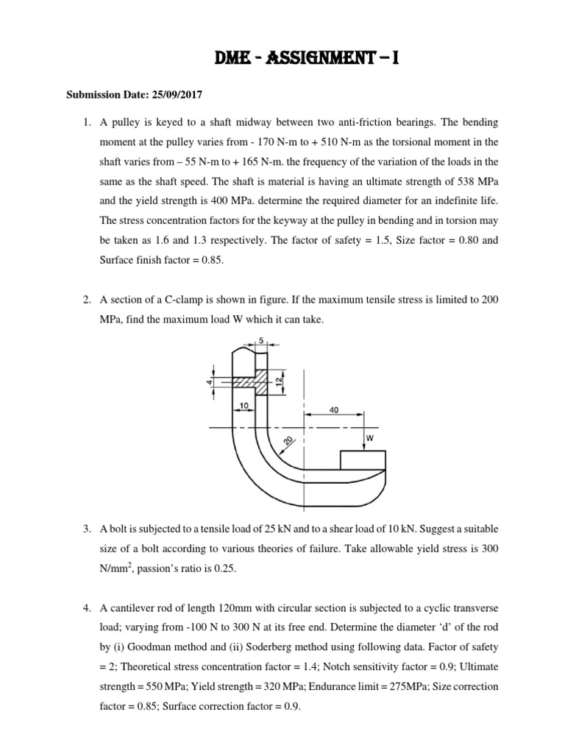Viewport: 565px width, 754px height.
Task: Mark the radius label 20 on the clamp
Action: click(x=268, y=441)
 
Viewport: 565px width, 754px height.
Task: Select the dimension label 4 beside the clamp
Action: click(x=209, y=382)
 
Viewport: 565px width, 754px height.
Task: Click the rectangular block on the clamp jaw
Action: click(x=362, y=460)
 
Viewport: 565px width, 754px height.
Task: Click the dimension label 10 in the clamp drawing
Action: click(x=243, y=406)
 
